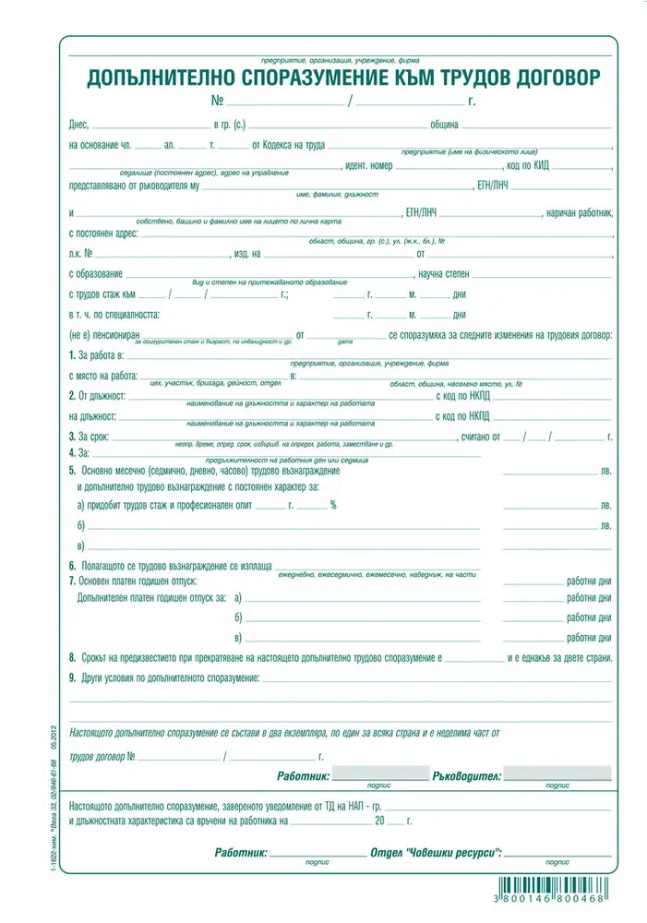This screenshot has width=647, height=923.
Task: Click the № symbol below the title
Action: click(x=218, y=101)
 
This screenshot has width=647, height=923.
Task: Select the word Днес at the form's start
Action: click(x=79, y=124)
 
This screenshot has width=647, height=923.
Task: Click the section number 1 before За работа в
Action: click(x=72, y=355)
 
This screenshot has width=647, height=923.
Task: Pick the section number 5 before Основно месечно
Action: click(x=72, y=471)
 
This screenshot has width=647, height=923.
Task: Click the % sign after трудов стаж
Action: click(x=333, y=506)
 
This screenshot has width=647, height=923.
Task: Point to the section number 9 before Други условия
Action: click(x=72, y=679)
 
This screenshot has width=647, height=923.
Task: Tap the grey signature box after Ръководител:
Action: click(x=557, y=773)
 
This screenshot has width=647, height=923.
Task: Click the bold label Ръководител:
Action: click(x=466, y=776)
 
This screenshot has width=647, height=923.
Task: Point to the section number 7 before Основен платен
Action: click(x=72, y=581)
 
